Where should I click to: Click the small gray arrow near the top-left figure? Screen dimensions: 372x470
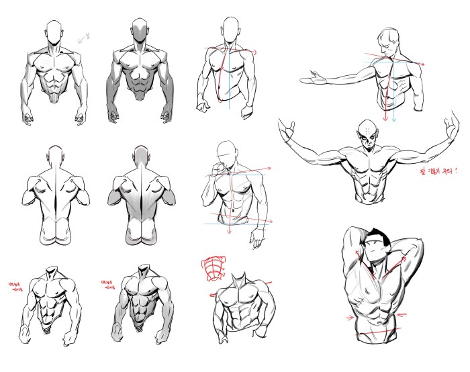[x=84, y=39]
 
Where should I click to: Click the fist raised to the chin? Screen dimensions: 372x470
[x=218, y=165]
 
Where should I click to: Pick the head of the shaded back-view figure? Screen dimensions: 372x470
[x=141, y=155]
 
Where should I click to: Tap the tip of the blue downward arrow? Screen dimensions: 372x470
[x=395, y=122]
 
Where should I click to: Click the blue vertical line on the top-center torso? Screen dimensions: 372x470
[x=229, y=81]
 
